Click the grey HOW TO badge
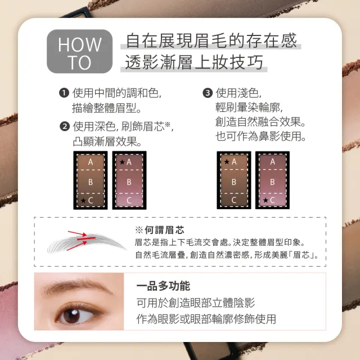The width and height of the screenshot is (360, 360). (79, 51)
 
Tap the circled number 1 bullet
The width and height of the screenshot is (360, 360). (64, 93)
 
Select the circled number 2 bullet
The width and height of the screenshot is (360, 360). (65, 127)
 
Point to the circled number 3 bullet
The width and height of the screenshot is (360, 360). (208, 93)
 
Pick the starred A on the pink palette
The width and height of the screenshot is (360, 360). (126, 162)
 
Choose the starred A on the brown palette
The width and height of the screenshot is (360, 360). (231, 161)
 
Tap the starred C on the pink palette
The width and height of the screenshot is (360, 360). (269, 200)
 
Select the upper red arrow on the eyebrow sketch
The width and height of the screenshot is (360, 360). (77, 234)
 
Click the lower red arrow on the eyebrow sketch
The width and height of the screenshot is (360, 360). (77, 246)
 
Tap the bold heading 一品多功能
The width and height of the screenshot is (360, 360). (163, 286)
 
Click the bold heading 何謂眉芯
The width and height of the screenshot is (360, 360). (164, 230)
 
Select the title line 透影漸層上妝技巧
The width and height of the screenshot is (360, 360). (194, 62)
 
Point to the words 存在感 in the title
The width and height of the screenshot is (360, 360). (272, 40)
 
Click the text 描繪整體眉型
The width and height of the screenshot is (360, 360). (107, 108)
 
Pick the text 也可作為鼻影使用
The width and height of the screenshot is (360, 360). (261, 136)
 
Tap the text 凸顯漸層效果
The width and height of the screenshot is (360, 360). (107, 141)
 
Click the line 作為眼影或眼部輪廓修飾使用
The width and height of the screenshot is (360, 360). (206, 319)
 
